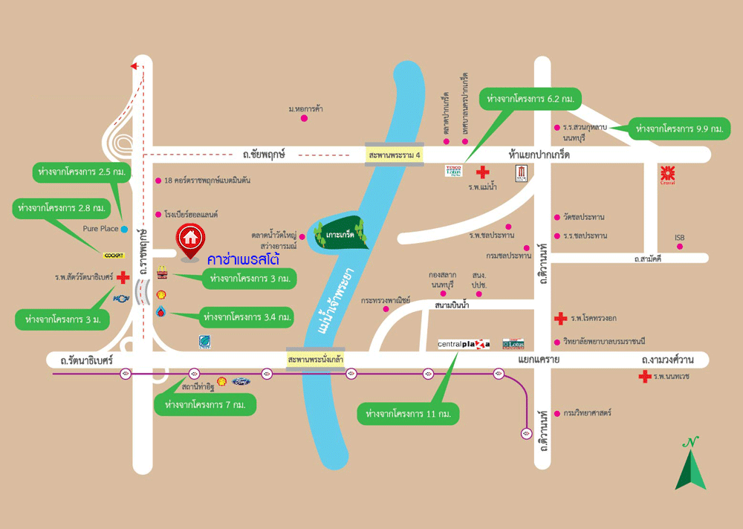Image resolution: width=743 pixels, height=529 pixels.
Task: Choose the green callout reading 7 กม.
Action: (205, 405)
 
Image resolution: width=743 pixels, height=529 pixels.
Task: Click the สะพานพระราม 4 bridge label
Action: (394, 155)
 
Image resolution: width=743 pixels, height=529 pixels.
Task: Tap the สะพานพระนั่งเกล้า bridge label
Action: (315, 359)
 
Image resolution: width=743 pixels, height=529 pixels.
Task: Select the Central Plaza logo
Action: (464, 344)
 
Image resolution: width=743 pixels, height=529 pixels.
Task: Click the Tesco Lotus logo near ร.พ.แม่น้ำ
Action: (453, 171)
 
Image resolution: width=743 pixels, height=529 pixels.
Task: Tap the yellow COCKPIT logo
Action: (114, 255)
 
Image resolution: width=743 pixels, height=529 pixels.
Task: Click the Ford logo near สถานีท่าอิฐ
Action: (241, 381)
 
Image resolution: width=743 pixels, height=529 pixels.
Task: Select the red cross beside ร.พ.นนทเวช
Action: (644, 377)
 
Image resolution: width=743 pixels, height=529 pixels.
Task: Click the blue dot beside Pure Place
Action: (124, 229)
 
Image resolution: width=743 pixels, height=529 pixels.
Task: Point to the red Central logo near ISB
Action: (667, 175)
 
